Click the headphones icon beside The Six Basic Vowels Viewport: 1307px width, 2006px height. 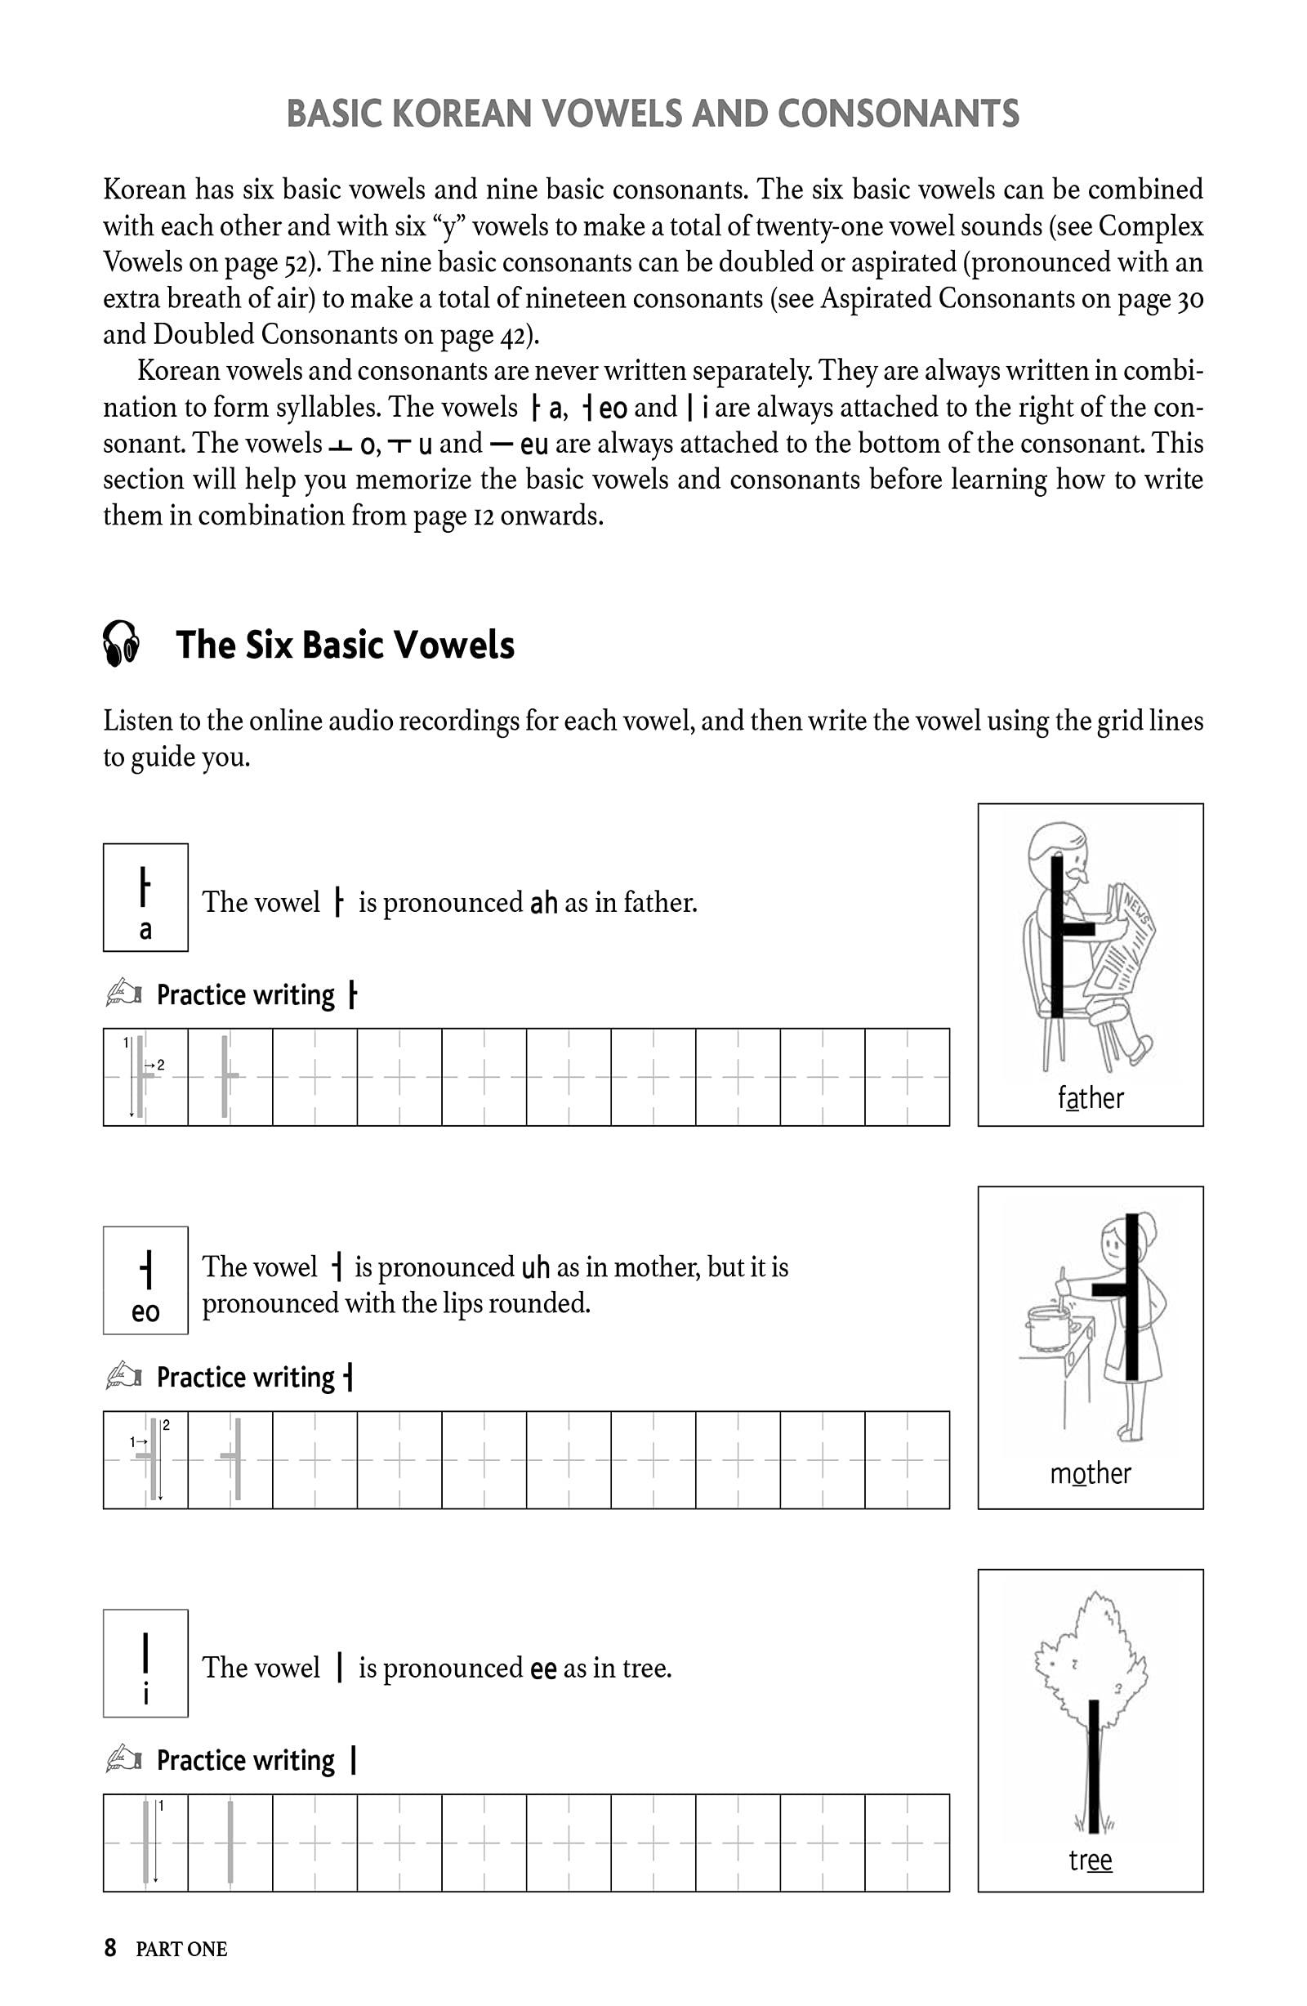point(122,645)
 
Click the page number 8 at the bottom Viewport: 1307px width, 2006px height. point(110,1949)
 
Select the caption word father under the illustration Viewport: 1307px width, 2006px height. point(1091,1098)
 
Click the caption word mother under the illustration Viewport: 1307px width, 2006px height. point(1091,1473)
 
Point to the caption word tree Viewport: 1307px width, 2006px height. point(1091,1860)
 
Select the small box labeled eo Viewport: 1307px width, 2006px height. point(145,1280)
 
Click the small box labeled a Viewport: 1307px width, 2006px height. point(145,897)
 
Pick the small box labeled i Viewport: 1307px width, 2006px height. point(145,1663)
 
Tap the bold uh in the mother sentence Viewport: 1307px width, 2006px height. point(536,1267)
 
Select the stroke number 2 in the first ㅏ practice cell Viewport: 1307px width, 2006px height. point(160,1066)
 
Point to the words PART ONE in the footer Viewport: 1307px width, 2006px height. point(181,1950)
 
